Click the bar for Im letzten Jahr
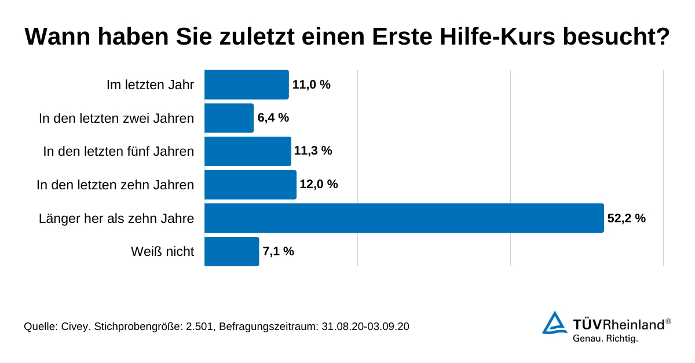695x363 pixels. (x=246, y=85)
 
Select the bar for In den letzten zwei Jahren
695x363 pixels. (x=229, y=118)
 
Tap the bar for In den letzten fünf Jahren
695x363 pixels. (x=247, y=151)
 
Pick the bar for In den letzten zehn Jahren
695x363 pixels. (x=250, y=185)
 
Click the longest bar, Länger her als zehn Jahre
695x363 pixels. (x=404, y=218)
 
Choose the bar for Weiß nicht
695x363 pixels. (x=231, y=251)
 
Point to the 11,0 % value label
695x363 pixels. (x=312, y=85)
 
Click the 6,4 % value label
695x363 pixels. (x=273, y=118)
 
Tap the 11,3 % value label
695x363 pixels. (x=313, y=151)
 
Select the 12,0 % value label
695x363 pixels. (x=319, y=185)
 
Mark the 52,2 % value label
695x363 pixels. (x=626, y=218)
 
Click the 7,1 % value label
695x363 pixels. (x=279, y=251)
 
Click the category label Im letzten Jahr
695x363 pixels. (x=150, y=85)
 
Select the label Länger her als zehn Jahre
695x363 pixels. (x=116, y=218)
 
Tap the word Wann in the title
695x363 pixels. (x=58, y=37)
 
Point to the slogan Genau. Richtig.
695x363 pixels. (x=605, y=339)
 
